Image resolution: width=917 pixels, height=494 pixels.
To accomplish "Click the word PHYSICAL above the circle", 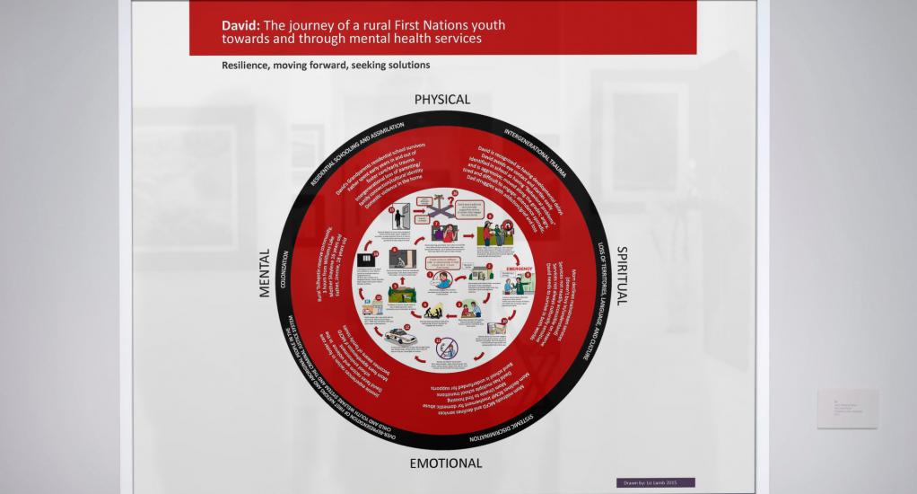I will tap(441, 100).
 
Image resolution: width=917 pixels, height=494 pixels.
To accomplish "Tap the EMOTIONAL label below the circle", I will tap(446, 463).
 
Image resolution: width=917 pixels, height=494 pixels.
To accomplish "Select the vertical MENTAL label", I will tap(265, 274).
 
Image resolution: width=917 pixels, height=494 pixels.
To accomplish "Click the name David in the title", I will tap(240, 25).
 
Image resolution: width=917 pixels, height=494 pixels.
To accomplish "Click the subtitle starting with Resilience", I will tap(326, 65).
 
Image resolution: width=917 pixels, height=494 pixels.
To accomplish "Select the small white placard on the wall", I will tap(847, 409).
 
